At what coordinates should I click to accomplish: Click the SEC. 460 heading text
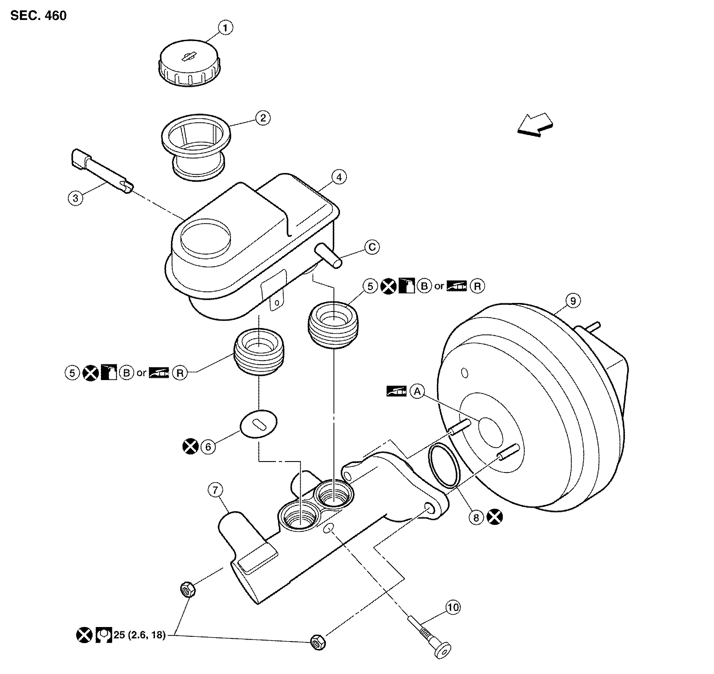38,16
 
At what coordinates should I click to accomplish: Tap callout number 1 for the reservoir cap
225,28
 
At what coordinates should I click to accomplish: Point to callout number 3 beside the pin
75,198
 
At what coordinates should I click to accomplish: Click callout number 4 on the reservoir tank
339,177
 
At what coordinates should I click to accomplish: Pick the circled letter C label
371,247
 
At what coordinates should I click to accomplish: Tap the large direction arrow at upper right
535,125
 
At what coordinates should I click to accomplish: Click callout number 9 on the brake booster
573,301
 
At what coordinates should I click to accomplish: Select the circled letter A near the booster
418,391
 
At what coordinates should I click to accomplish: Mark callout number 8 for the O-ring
476,518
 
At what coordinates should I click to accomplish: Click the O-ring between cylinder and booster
444,465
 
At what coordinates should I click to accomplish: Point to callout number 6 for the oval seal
208,447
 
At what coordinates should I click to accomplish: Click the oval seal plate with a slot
258,424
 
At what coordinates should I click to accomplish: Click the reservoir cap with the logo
190,63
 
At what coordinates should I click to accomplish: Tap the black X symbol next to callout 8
495,518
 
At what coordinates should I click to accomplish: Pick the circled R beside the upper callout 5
477,286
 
